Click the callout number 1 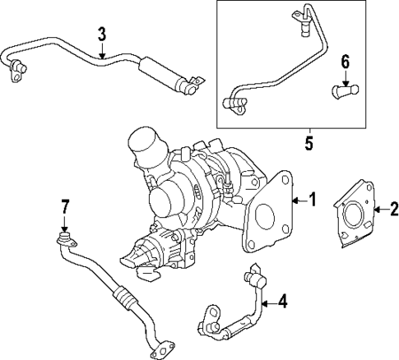tap(311, 199)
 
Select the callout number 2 tap(392, 209)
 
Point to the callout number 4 tap(282, 302)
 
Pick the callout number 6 tap(346, 60)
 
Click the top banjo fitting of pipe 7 tap(63, 239)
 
